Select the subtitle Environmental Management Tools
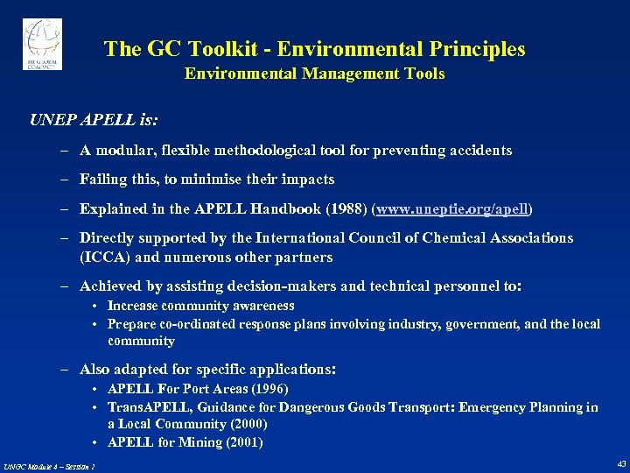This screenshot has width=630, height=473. coord(314,74)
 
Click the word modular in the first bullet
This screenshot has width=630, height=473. coord(122,151)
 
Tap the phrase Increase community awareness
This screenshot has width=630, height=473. coord(200,306)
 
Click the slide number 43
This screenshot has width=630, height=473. coord(620,463)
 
